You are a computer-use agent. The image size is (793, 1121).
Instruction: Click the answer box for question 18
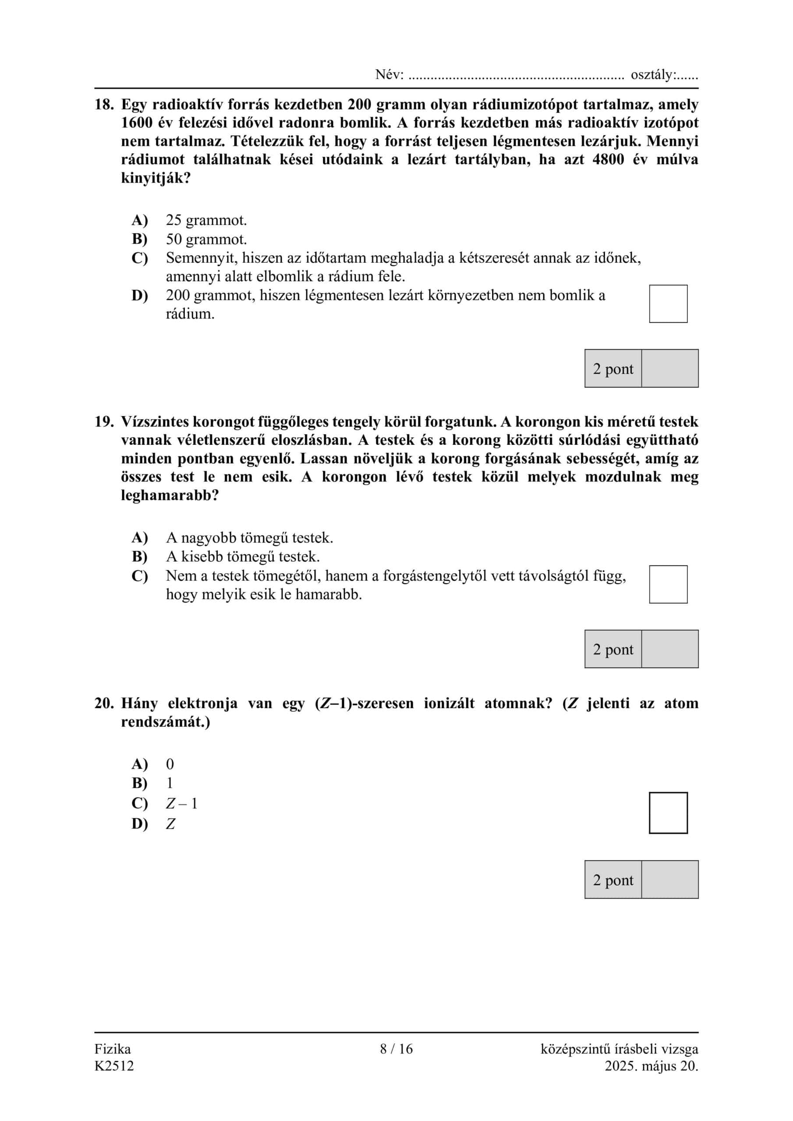[x=668, y=304]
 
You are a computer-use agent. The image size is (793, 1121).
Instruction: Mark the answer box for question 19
[x=668, y=585]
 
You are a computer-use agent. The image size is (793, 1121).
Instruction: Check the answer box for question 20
[x=668, y=813]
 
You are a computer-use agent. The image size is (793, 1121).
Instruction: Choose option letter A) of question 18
[x=140, y=220]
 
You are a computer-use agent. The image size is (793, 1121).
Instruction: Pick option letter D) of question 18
[x=140, y=296]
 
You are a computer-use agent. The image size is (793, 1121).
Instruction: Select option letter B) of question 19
[x=140, y=557]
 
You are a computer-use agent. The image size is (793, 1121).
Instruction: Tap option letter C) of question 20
[x=140, y=803]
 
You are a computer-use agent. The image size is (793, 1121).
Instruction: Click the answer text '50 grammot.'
[x=206, y=239]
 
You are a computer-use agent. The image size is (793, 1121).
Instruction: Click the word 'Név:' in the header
[x=389, y=75]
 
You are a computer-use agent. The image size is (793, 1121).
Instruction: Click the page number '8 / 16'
[x=396, y=1048]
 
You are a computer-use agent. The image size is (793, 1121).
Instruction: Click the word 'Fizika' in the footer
[x=113, y=1048]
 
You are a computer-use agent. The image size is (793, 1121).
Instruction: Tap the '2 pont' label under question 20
[x=612, y=880]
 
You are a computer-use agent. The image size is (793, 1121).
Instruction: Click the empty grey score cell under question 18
[x=669, y=369]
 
